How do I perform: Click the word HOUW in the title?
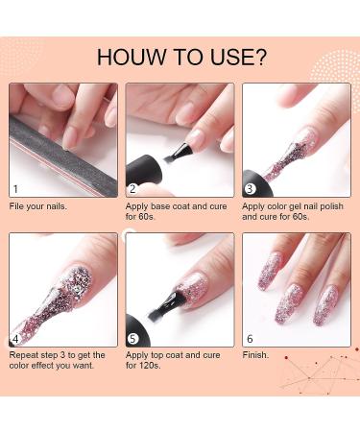coord(132,57)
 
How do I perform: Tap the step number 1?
coord(15,189)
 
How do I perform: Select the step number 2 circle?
coord(132,189)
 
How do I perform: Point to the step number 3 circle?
coord(250,189)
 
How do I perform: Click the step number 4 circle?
coord(16,339)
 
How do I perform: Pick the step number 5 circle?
coord(132,339)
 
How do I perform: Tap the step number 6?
coord(250,339)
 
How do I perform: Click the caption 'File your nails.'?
coord(38,206)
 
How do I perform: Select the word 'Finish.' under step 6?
coord(255,355)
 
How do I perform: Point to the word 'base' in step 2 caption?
coord(161,206)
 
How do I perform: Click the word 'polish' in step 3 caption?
coord(331,206)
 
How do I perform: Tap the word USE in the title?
coord(229,57)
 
